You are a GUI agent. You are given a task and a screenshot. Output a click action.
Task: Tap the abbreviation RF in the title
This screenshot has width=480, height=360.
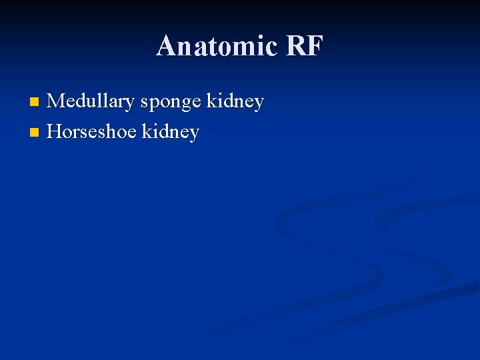point(304,46)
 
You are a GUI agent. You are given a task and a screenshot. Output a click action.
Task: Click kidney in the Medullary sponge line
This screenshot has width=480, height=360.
point(235,102)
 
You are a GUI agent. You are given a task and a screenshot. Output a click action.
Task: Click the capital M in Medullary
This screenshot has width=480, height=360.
point(57,102)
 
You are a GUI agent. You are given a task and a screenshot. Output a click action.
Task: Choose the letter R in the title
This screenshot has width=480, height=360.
point(295,46)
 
